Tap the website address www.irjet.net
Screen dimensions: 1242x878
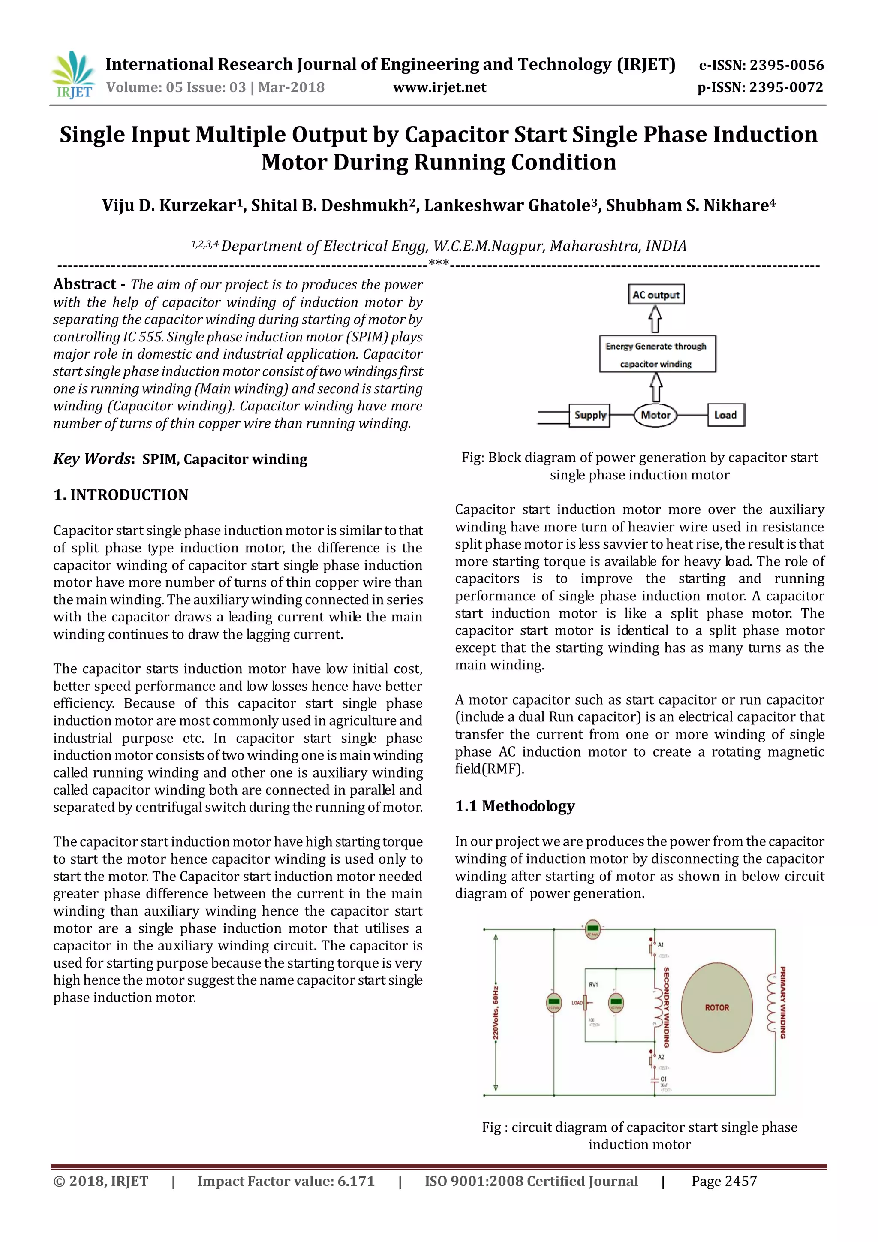coord(439,87)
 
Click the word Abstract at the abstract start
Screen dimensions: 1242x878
coord(85,284)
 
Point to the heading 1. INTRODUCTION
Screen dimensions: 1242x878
coord(121,495)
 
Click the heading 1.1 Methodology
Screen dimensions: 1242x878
coord(515,806)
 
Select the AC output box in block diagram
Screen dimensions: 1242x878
coord(655,295)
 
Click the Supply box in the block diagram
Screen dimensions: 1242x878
coord(590,415)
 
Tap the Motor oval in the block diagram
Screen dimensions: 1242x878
coord(655,415)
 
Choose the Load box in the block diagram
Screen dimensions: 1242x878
coord(725,415)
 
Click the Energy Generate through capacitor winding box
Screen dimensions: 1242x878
coord(657,354)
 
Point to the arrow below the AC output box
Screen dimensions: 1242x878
coord(655,319)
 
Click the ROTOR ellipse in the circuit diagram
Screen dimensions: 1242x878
coord(716,1007)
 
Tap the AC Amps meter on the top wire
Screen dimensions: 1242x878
coord(592,929)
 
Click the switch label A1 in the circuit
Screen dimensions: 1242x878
coord(661,944)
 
